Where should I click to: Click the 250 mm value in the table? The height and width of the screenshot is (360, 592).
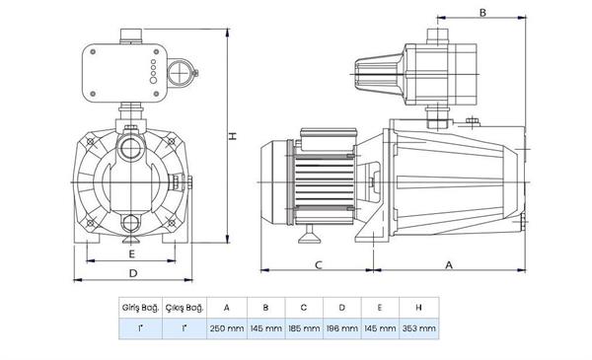point(227,328)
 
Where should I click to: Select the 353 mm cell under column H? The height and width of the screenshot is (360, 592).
point(418,328)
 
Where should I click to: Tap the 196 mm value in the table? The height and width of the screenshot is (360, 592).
point(342,328)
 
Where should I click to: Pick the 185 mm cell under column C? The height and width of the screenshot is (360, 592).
point(304,328)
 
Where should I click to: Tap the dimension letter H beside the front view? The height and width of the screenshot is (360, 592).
point(235,137)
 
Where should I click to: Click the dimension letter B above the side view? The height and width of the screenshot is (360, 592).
point(482,13)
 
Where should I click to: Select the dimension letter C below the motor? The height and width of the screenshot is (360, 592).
point(319,264)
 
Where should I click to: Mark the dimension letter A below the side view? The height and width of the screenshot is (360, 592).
point(449,264)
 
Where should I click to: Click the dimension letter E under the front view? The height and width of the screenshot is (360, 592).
point(131,252)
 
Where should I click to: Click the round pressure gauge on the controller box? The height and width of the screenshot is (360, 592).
point(181,72)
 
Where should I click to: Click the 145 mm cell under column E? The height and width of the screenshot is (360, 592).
point(381,328)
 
